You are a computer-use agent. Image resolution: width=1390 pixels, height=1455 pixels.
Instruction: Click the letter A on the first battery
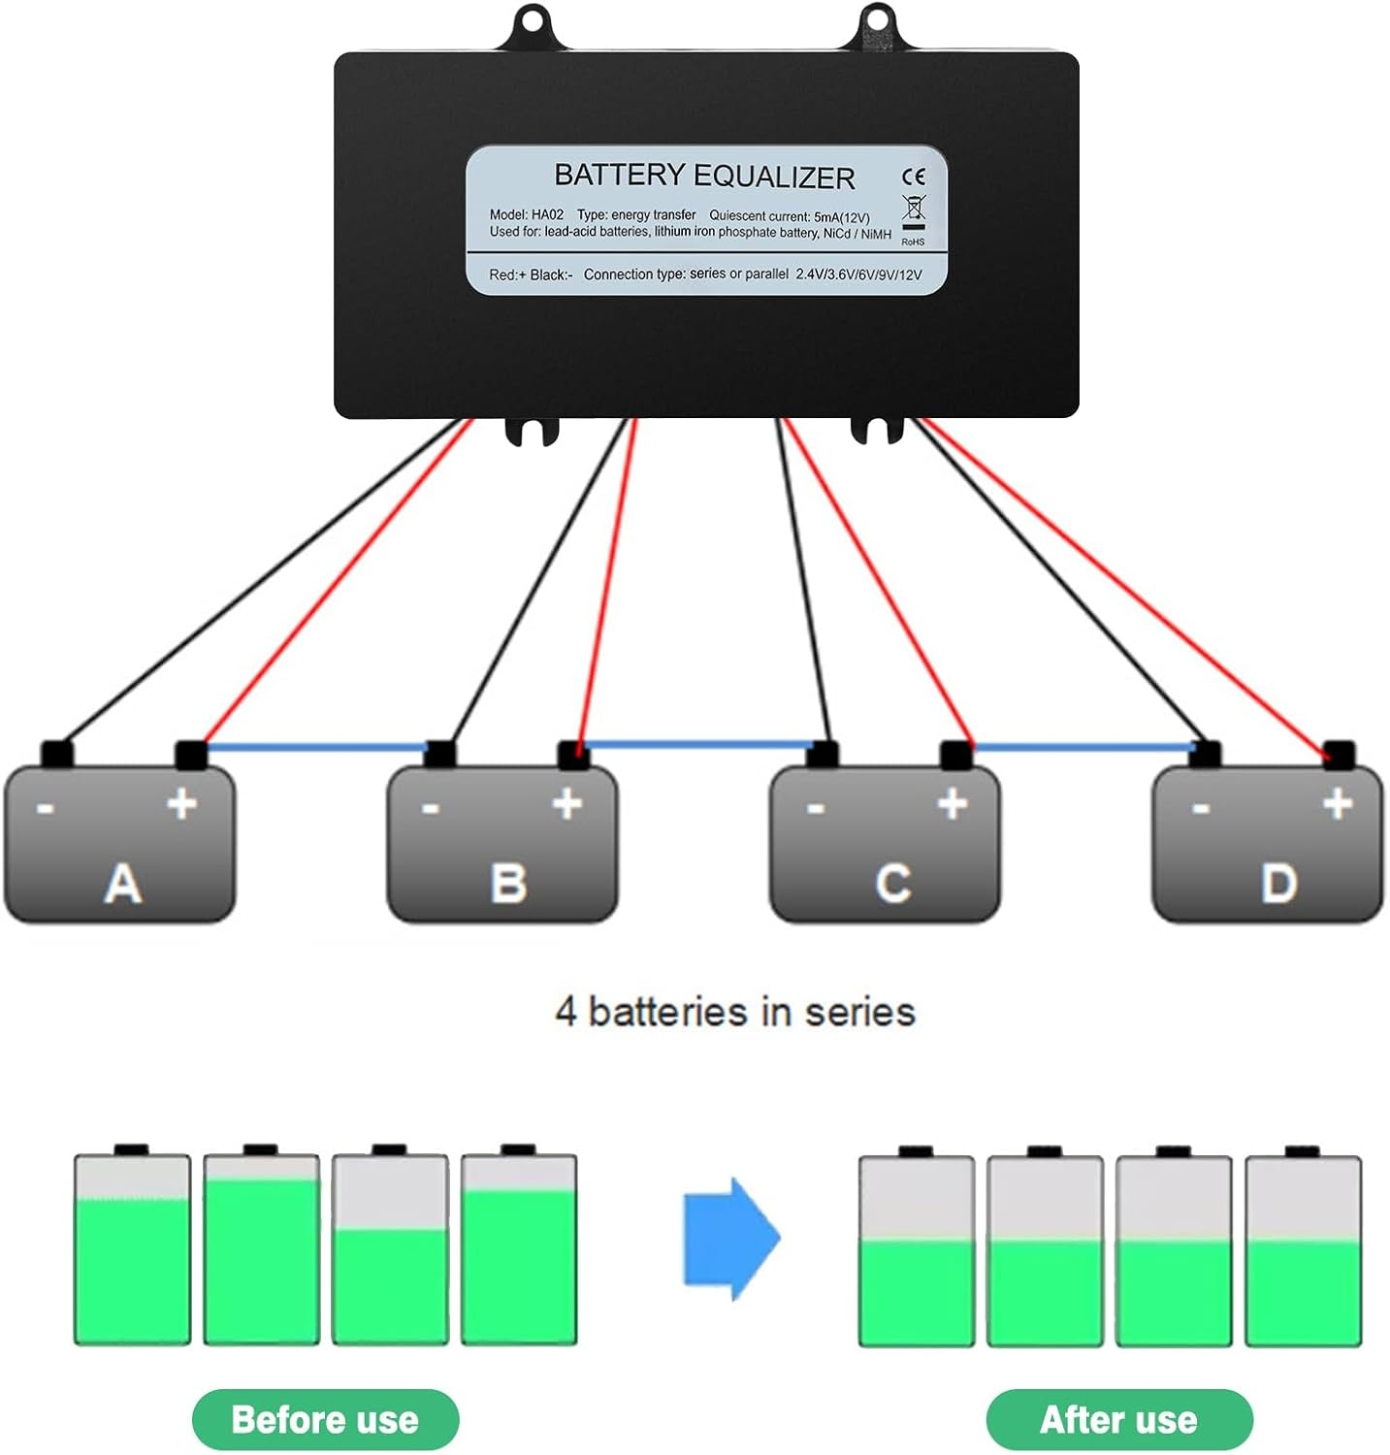[122, 884]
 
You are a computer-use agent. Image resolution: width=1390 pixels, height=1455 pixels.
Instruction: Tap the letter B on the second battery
[508, 884]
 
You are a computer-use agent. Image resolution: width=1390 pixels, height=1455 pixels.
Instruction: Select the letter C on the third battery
[892, 884]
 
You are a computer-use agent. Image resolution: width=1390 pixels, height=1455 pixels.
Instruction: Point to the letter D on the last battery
[1277, 884]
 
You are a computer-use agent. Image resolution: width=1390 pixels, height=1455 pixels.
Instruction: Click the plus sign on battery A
[182, 803]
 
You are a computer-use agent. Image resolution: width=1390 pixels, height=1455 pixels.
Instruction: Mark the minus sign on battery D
[1201, 807]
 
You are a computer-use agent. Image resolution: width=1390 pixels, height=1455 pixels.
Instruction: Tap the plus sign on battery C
[953, 803]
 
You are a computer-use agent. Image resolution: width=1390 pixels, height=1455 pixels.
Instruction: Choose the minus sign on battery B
[431, 807]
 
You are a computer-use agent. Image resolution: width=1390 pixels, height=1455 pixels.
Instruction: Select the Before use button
[325, 1420]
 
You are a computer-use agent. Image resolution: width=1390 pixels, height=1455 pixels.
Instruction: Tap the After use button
[1118, 1420]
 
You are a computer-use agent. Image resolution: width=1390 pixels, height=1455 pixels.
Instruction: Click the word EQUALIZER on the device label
[774, 178]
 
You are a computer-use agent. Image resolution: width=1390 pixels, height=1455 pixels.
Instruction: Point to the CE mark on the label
[914, 177]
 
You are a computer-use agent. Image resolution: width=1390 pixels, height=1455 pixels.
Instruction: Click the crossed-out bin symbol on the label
[914, 209]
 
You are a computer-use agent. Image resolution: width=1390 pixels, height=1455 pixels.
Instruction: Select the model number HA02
[547, 214]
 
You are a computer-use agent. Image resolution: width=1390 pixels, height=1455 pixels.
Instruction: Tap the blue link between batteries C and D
[1083, 747]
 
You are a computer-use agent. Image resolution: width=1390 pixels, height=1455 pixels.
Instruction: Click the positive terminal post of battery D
[1339, 753]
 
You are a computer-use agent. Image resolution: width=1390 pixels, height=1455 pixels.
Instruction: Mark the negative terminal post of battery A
[56, 753]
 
